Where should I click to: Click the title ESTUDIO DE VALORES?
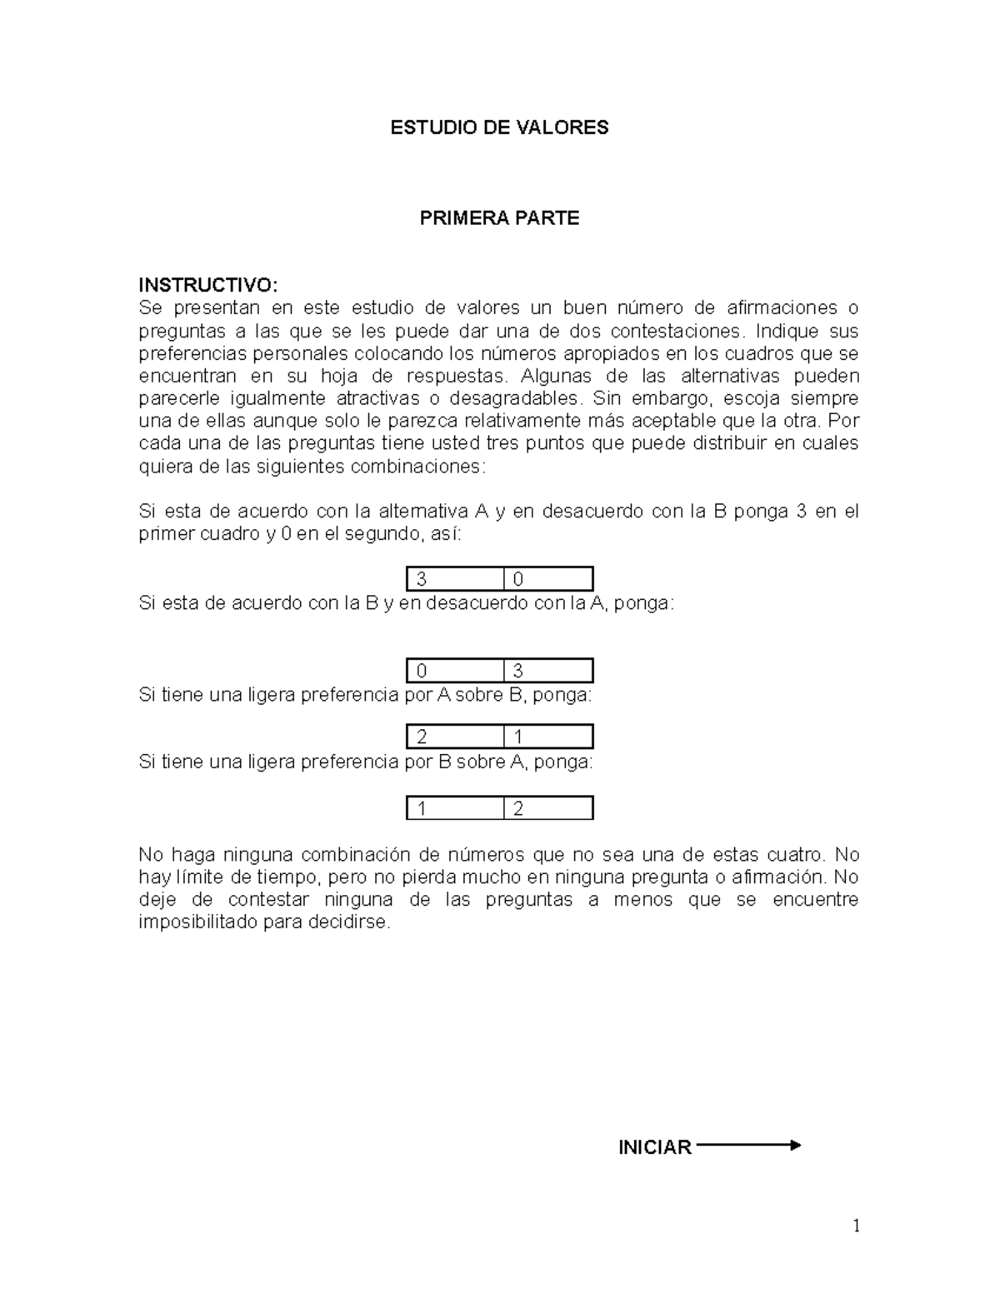point(500,127)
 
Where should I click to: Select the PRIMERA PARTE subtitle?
point(499,218)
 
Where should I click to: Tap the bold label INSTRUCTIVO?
point(205,285)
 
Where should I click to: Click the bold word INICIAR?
point(654,1147)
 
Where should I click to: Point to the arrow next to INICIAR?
point(747,1146)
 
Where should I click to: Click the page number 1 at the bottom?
point(855,1226)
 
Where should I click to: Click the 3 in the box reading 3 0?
point(422,580)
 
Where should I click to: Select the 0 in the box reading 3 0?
point(518,580)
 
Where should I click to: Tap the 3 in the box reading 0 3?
point(518,672)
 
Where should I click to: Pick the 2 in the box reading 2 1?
point(422,737)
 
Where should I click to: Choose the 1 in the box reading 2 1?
point(518,737)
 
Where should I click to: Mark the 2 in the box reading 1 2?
point(518,809)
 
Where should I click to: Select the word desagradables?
point(512,398)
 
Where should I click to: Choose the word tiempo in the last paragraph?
point(274,877)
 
